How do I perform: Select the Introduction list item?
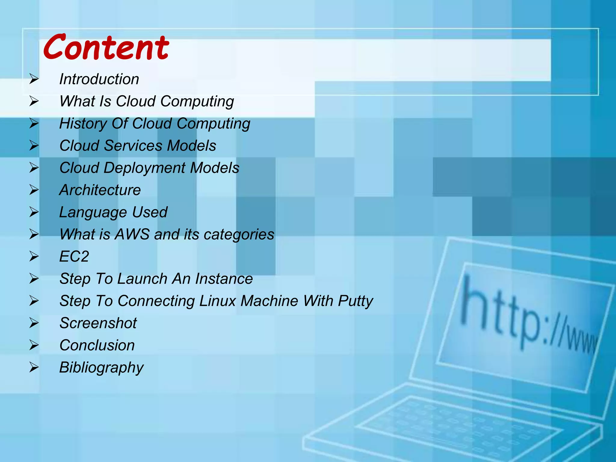(x=99, y=79)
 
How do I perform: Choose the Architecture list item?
(x=100, y=190)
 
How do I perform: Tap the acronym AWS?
(x=132, y=234)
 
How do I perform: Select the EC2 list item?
(x=74, y=257)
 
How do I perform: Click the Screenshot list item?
(x=98, y=323)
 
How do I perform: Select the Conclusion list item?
(x=97, y=345)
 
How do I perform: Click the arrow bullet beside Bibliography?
(x=34, y=368)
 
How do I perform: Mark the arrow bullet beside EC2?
(x=34, y=257)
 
